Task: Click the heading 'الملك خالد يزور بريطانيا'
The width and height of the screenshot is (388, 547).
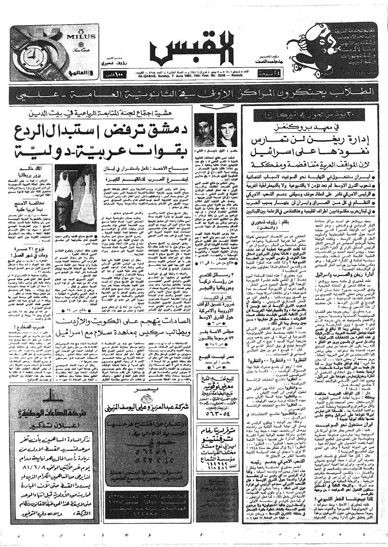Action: coord(36,171)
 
